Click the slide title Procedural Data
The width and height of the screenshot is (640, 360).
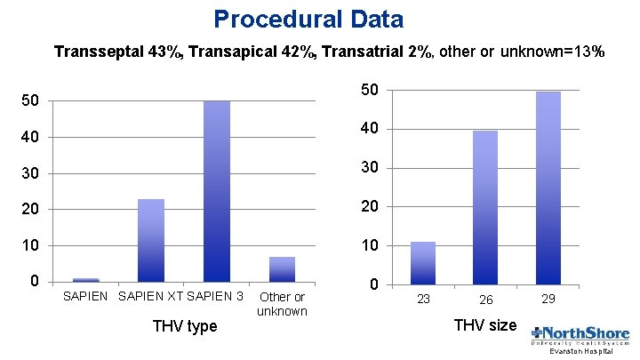pyautogui.click(x=308, y=19)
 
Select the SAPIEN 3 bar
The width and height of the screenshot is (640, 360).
pyautogui.click(x=216, y=191)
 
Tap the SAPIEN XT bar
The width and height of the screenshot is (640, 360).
pyautogui.click(x=151, y=240)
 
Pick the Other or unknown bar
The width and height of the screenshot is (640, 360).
pyautogui.click(x=282, y=269)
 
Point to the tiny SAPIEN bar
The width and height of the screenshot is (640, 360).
pyautogui.click(x=85, y=280)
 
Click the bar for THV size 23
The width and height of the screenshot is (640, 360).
pyautogui.click(x=423, y=263)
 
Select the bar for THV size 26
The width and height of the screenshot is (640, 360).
pyautogui.click(x=485, y=207)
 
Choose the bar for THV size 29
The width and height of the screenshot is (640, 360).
pyautogui.click(x=548, y=188)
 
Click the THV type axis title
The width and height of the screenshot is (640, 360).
pyautogui.click(x=185, y=326)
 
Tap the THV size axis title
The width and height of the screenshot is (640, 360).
pyautogui.click(x=485, y=325)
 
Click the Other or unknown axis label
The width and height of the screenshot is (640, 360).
pyautogui.click(x=282, y=304)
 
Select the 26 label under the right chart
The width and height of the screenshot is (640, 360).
pyautogui.click(x=485, y=300)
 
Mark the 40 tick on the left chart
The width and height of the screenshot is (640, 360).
pyautogui.click(x=30, y=137)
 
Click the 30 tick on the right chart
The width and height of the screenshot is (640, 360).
pyautogui.click(x=371, y=168)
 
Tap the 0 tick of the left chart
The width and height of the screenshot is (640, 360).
pyautogui.click(x=34, y=282)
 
